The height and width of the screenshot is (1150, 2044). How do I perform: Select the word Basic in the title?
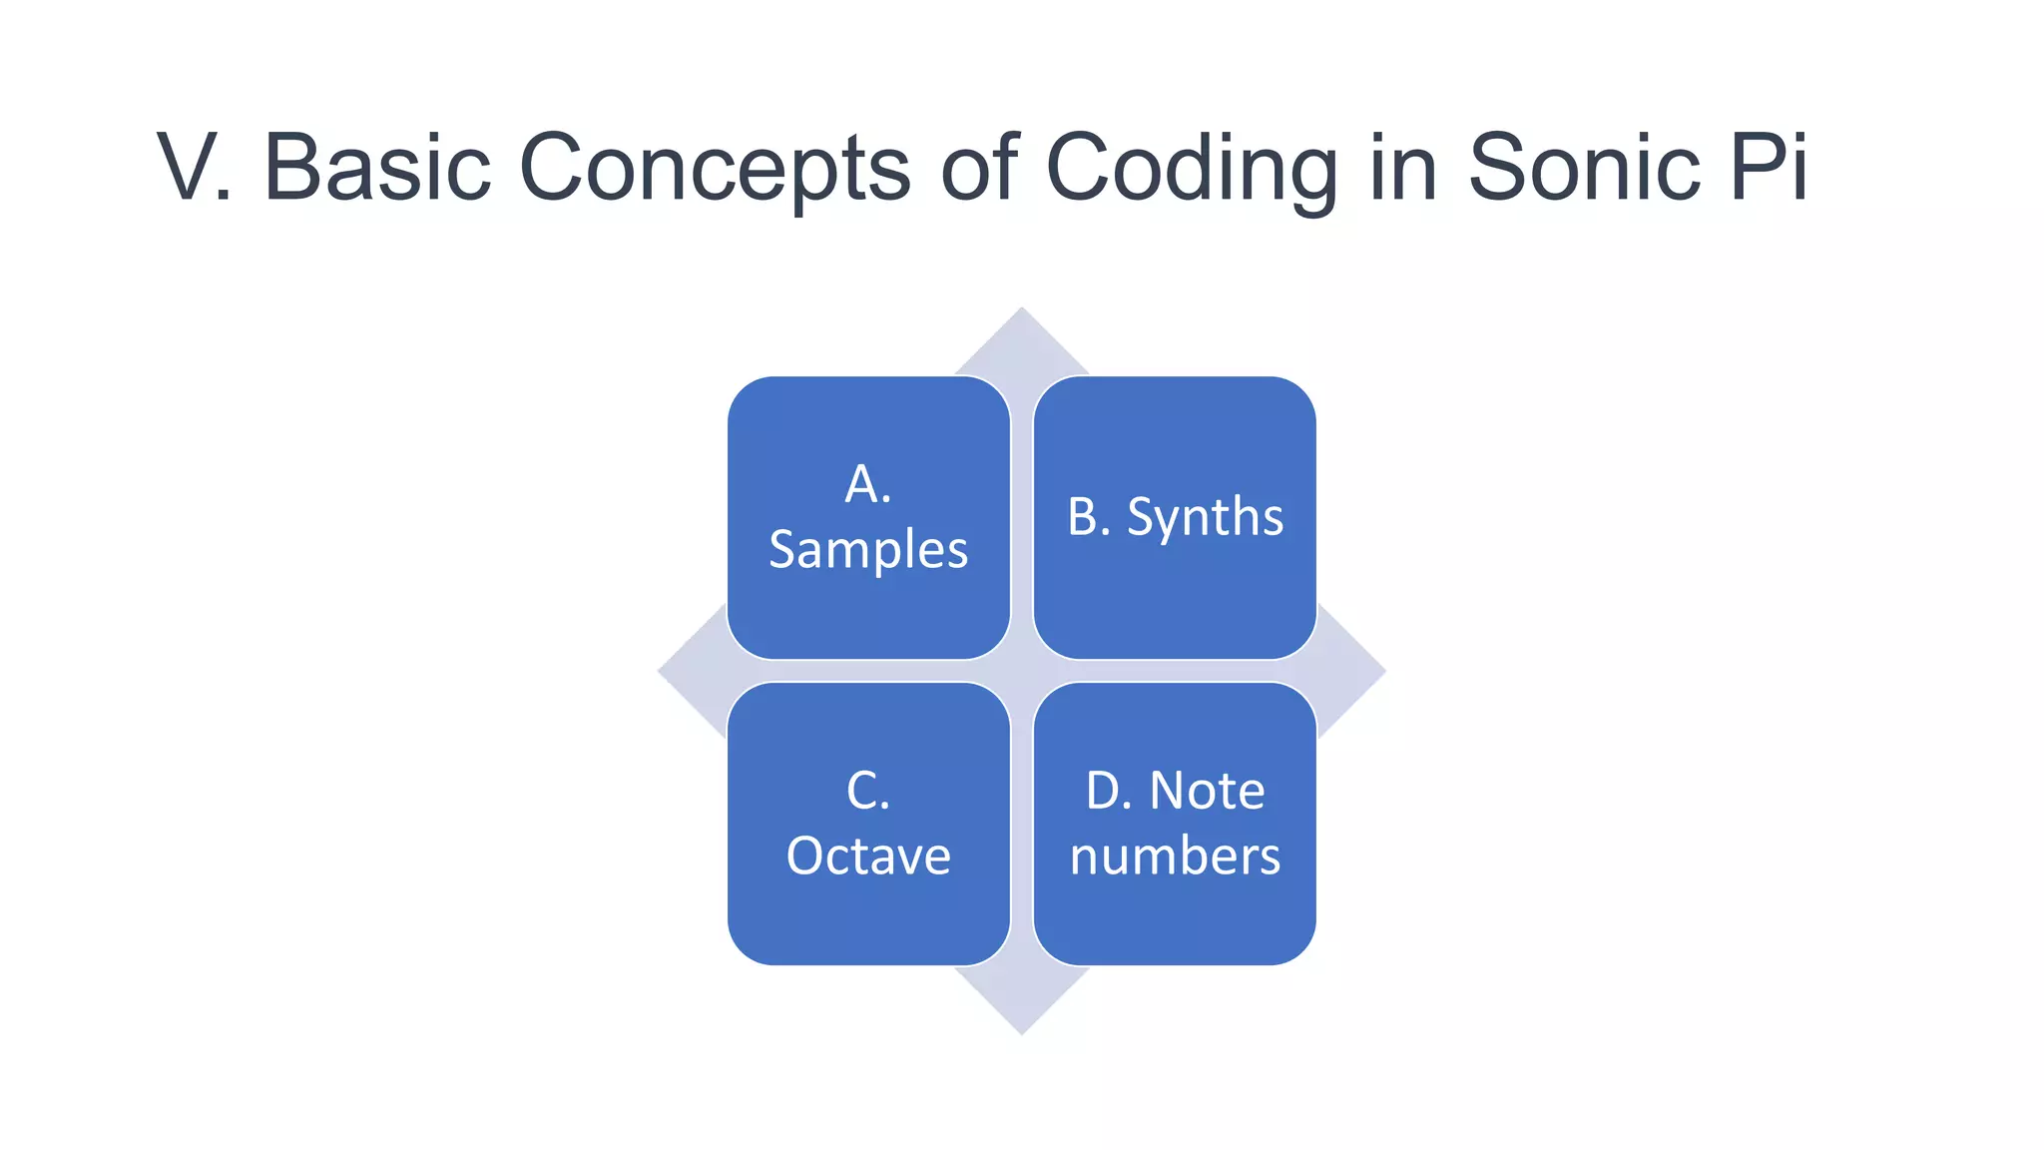376,167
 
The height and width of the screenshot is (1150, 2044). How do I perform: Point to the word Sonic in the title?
1584,167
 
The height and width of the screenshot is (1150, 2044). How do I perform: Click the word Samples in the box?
868,550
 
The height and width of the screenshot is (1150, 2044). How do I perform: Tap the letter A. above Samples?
867,484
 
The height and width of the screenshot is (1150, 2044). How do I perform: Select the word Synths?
1205,517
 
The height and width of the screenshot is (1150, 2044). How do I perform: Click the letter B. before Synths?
1088,517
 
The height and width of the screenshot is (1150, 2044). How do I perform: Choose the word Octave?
868,857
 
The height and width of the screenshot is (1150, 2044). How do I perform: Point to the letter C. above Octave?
867,791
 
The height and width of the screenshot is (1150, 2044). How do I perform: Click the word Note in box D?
1207,791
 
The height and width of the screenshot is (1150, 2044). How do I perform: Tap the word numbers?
1175,857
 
